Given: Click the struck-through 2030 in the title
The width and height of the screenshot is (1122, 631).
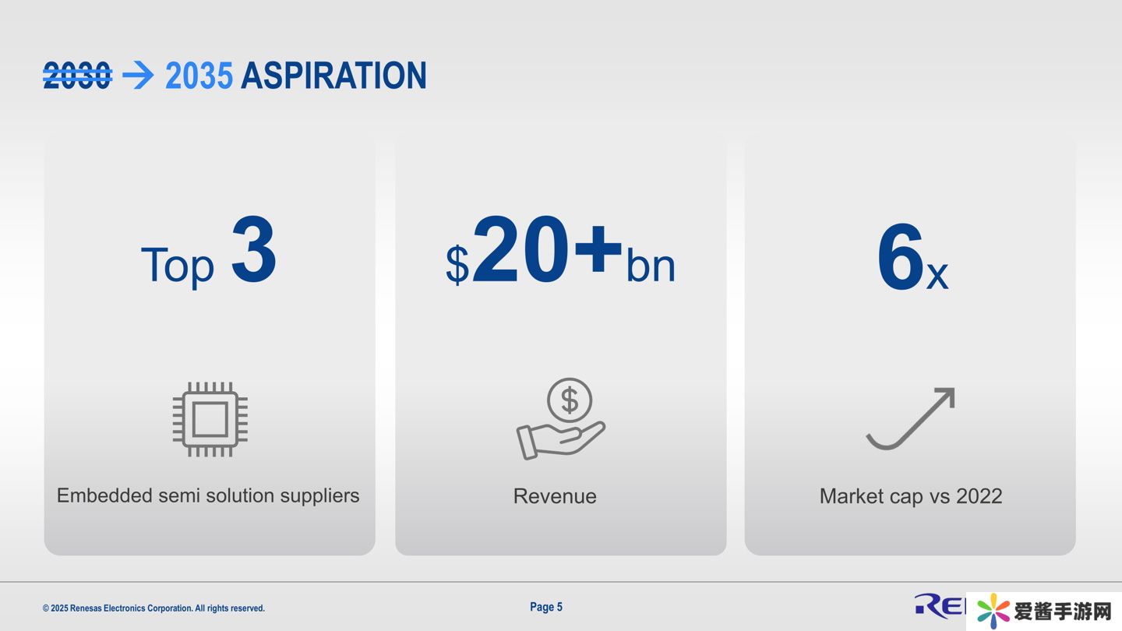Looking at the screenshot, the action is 77,76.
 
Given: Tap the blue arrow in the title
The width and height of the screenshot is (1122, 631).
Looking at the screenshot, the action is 138,76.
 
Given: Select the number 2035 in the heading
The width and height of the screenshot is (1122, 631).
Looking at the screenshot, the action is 199,76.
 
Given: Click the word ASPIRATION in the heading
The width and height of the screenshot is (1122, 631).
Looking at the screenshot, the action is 333,76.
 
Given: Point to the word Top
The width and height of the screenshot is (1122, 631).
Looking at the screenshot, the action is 178,266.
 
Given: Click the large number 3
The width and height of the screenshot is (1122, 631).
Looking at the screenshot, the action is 254,249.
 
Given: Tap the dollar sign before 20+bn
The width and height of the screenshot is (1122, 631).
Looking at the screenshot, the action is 457,264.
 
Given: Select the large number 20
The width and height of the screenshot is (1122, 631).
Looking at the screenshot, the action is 520,249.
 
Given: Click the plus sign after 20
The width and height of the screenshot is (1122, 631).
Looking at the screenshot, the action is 598,249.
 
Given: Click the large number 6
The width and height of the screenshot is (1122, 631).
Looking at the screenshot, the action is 901,256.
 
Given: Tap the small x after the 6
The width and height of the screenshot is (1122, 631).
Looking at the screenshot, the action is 937,276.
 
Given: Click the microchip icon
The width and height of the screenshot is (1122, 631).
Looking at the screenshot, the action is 210,420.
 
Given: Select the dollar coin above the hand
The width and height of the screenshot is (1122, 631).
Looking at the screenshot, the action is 570,400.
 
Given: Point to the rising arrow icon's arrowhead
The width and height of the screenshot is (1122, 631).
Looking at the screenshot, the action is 946,396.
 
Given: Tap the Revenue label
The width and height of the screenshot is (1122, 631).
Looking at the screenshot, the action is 555,496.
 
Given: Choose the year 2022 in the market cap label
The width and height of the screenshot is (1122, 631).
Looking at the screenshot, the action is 979,496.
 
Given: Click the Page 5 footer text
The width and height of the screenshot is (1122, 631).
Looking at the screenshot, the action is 546,607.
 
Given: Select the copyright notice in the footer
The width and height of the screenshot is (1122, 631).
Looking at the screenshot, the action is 153,608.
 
